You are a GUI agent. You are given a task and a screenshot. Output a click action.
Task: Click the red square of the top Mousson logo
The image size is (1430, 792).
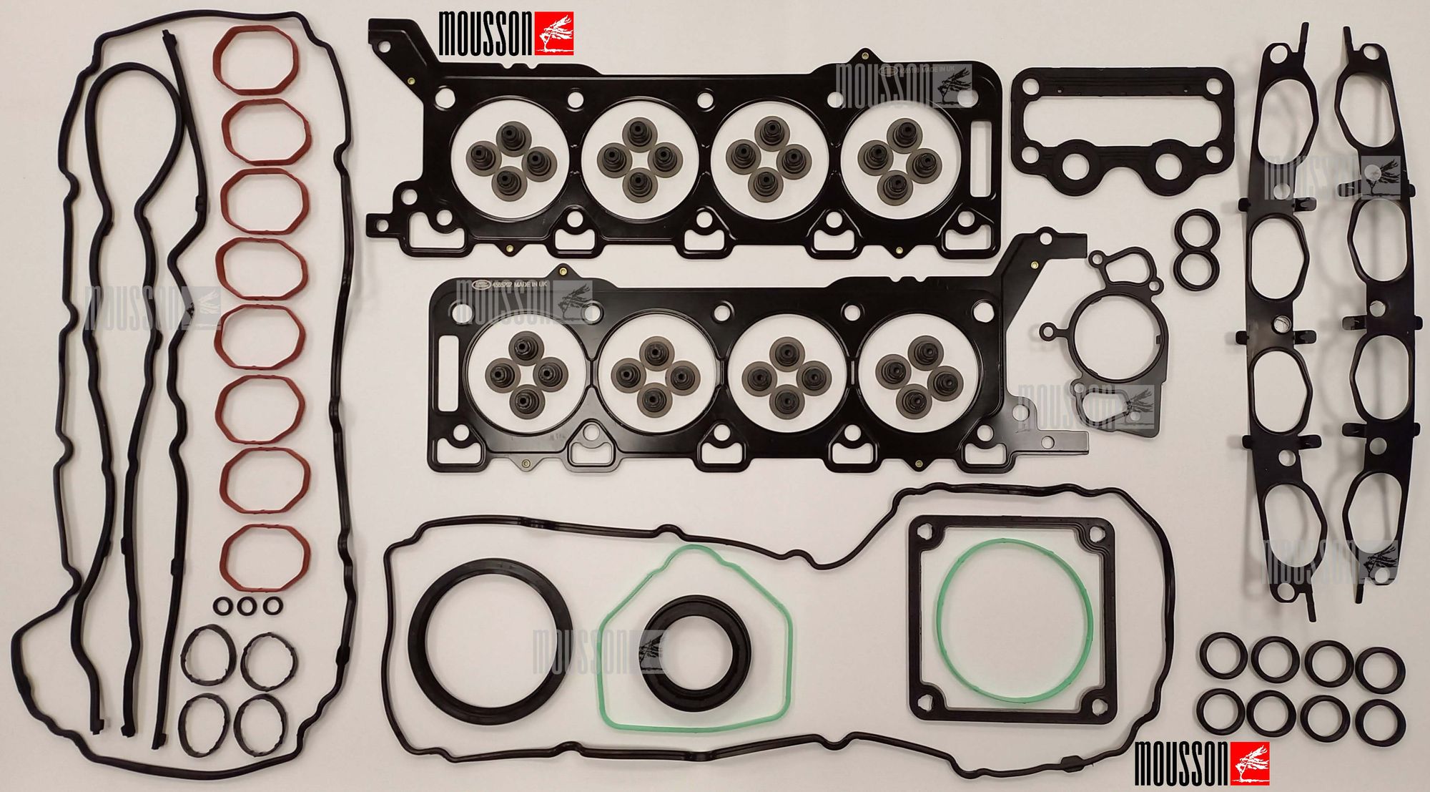point(554,34)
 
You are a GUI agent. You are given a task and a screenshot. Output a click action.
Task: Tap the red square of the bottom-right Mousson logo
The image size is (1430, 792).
point(1250,763)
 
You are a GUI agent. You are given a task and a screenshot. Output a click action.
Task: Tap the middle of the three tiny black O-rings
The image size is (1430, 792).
point(247,606)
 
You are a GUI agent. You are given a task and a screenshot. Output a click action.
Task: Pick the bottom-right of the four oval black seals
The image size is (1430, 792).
point(260,725)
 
